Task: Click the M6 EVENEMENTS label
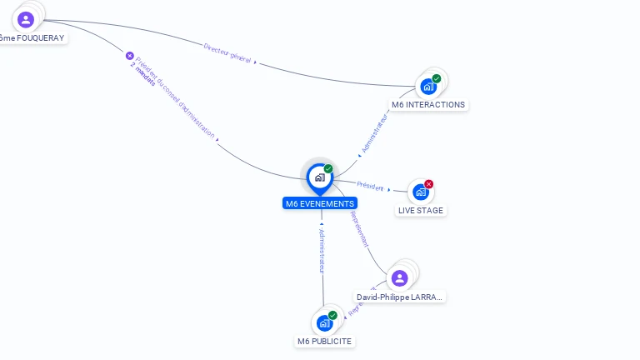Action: coord(320,203)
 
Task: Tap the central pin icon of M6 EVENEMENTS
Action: coord(319,177)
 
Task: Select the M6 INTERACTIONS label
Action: coord(428,105)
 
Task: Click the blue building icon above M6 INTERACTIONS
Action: coord(428,86)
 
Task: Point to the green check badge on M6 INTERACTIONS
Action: coord(437,78)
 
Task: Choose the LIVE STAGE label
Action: coord(421,211)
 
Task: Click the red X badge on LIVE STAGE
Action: coord(429,184)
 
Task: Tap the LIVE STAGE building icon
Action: coord(420,192)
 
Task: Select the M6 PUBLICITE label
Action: coord(325,342)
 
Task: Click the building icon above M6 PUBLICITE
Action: coord(324,323)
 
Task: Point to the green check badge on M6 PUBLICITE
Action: coord(332,315)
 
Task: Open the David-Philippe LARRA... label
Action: coord(400,297)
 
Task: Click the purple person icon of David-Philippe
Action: coord(400,277)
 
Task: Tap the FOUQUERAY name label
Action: coord(32,37)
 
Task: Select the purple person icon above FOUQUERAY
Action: coord(26,19)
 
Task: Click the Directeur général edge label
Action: coord(227,52)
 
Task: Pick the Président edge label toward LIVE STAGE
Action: coord(370,186)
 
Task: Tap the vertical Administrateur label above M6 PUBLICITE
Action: coord(322,250)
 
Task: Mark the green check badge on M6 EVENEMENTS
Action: coord(328,169)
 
